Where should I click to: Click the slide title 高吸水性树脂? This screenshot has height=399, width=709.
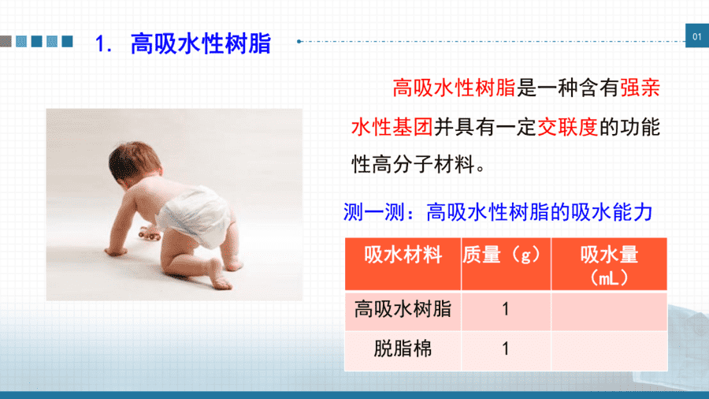[200, 44]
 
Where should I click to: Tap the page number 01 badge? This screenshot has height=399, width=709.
[697, 35]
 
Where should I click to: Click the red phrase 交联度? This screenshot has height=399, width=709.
[567, 127]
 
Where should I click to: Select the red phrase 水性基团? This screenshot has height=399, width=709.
[392, 127]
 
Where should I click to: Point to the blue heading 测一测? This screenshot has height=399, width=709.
[373, 211]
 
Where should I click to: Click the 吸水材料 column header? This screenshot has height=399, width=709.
[403, 255]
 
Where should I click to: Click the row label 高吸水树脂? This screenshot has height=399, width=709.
[403, 309]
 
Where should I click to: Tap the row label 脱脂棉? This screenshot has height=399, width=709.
[403, 349]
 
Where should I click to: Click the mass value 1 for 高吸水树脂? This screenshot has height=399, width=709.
[506, 309]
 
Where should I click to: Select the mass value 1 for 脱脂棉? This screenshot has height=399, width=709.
[506, 349]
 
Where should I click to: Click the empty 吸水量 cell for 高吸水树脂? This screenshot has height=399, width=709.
[609, 311]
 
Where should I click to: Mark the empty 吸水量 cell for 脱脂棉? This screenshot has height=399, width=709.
[609, 351]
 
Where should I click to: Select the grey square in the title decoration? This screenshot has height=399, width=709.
[6, 41]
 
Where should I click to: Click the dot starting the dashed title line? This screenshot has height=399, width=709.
[299, 41]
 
